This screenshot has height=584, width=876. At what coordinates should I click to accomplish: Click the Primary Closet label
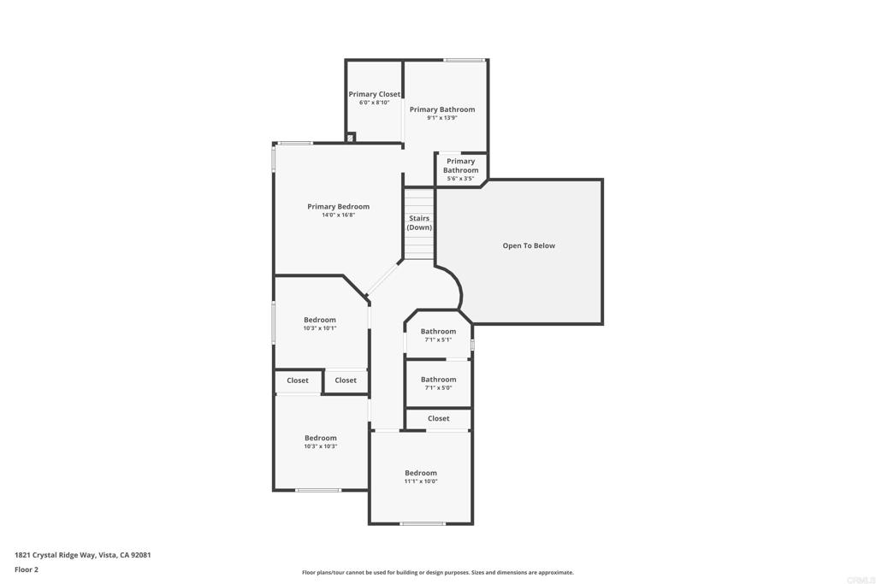tap(374, 94)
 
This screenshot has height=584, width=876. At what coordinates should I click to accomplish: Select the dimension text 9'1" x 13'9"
tap(441, 118)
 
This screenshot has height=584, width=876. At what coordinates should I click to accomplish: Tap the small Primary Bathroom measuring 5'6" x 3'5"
tap(460, 169)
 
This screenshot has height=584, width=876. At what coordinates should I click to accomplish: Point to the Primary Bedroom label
tap(338, 206)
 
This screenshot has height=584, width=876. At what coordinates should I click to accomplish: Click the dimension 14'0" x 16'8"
tap(338, 215)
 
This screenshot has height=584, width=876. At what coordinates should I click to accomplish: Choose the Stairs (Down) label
tap(419, 223)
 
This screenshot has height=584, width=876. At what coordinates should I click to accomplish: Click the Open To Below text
tap(529, 245)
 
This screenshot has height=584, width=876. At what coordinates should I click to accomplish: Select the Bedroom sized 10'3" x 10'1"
tap(320, 323)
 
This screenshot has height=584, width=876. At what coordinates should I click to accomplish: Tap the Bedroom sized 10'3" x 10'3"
tap(321, 441)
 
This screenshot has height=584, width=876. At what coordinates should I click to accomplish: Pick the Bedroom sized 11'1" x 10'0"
tap(421, 476)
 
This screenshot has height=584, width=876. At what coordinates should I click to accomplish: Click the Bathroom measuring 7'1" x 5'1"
tap(438, 334)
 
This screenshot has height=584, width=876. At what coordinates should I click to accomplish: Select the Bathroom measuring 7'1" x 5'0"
tap(438, 383)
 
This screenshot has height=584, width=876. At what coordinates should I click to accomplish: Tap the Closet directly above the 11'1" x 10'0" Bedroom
tap(438, 418)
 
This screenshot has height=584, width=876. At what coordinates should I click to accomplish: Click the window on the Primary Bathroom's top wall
tap(465, 60)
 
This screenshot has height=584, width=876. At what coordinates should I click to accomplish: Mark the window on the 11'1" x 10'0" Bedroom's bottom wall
tap(423, 523)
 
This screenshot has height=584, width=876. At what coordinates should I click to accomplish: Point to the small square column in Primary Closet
tap(350, 138)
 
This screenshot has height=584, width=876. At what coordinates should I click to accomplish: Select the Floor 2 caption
tap(27, 569)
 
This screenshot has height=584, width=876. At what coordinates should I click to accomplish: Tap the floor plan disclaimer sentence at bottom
tap(437, 573)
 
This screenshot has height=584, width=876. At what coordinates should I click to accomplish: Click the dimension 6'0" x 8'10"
tap(374, 103)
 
